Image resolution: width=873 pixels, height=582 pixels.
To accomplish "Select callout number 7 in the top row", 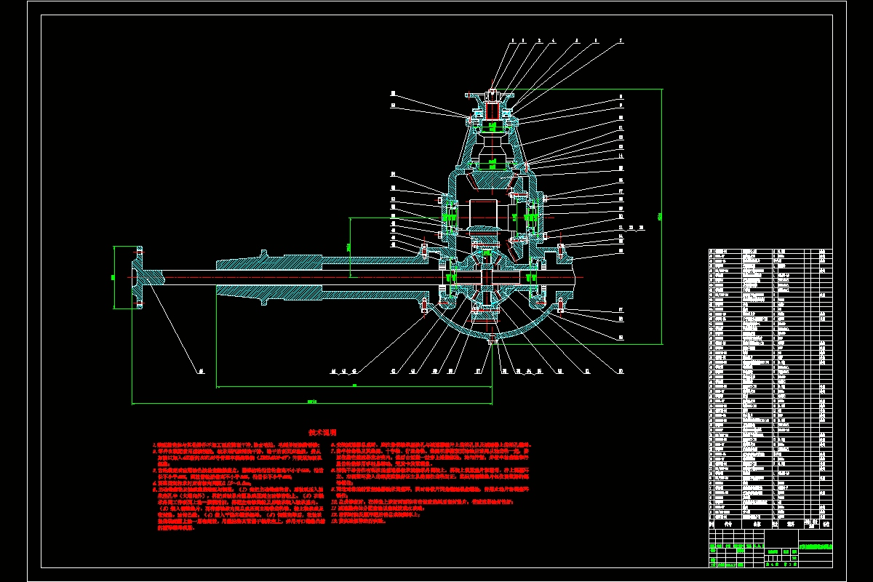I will point(621,41).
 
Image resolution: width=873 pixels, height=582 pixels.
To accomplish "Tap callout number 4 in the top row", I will point(554,41).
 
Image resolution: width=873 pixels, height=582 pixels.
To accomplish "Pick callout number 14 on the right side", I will point(621,155).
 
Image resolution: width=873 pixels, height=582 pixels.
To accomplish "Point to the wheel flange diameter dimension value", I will point(113,276).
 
